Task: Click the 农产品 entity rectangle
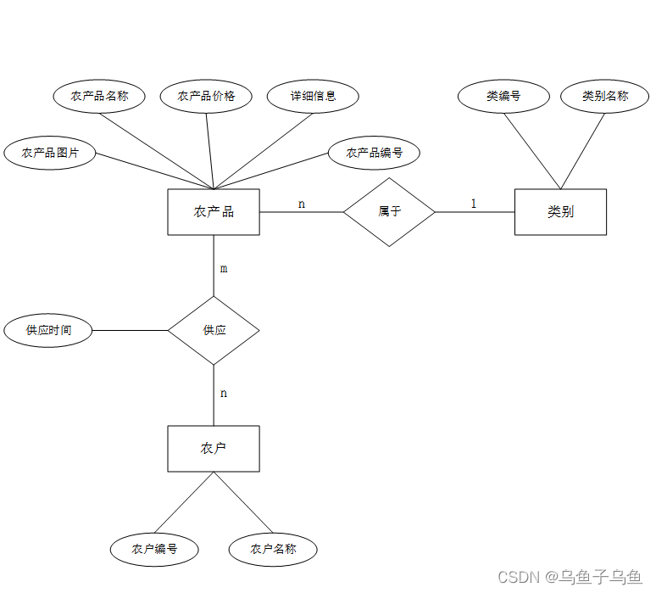(x=214, y=211)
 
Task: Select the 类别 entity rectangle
(x=560, y=211)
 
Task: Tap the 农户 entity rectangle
(x=214, y=448)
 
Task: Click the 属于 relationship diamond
(x=389, y=211)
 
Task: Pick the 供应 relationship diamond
(x=214, y=330)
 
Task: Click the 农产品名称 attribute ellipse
(x=99, y=96)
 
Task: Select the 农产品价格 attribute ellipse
(x=206, y=96)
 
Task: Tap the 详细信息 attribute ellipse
(x=313, y=96)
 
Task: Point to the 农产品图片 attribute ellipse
(x=50, y=153)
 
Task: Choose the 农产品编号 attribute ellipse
(x=374, y=154)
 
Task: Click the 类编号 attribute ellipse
(x=503, y=96)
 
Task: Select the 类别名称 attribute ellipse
(x=605, y=96)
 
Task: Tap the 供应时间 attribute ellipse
(x=48, y=330)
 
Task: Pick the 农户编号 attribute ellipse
(x=154, y=549)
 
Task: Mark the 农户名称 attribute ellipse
(x=273, y=549)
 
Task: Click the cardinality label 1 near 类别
(x=474, y=204)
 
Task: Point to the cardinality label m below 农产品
(x=224, y=269)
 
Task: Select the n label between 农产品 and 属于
(x=302, y=204)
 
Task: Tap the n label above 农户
(x=224, y=394)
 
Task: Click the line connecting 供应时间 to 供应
(x=130, y=330)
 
